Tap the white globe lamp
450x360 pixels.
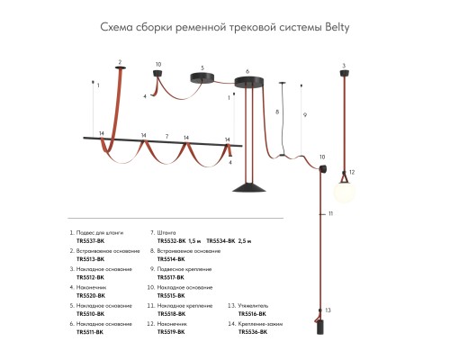(x=345, y=191)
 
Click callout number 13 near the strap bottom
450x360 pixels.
(x=329, y=309)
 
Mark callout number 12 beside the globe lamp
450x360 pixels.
(x=353, y=171)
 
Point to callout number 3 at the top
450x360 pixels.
(x=344, y=65)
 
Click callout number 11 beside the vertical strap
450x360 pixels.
(x=330, y=213)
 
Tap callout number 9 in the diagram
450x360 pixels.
(x=305, y=115)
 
